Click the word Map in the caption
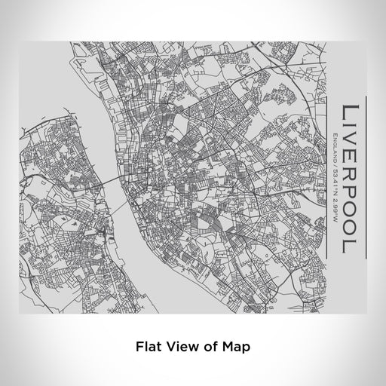[x=234, y=348]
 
